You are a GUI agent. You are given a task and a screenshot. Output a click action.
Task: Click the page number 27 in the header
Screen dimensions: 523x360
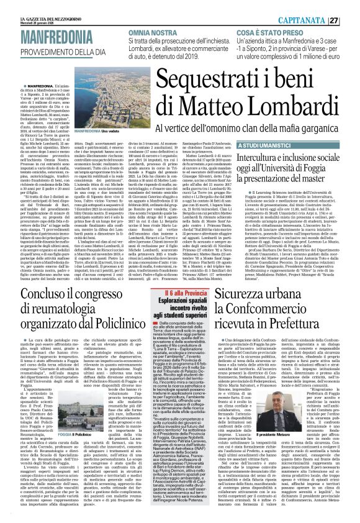click(351, 6)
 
